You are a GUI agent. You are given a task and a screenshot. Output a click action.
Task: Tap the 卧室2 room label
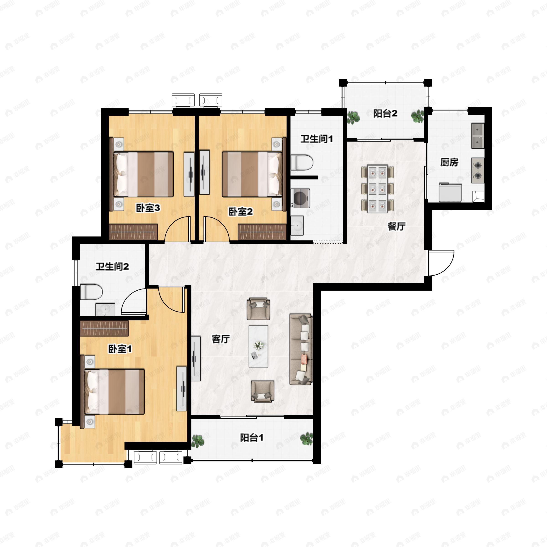click(241, 212)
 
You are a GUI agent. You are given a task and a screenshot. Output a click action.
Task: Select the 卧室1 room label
click(120, 349)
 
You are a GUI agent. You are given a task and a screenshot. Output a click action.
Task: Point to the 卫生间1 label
click(317, 139)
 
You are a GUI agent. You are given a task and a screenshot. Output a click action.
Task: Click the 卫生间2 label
click(112, 266)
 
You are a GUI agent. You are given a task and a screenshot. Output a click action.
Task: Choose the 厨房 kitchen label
click(449, 162)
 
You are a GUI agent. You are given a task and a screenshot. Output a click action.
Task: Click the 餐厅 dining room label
click(396, 226)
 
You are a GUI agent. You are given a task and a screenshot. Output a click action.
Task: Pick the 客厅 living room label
click(221, 339)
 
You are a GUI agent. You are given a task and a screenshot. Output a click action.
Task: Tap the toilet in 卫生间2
click(91, 292)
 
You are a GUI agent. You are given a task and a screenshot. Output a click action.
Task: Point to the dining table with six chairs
click(377, 188)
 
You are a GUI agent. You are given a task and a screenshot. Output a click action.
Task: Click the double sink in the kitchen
click(478, 136)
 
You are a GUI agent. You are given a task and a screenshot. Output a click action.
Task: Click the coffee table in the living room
click(258, 346)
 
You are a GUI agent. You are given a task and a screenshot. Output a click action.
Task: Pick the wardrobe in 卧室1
click(104, 328)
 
